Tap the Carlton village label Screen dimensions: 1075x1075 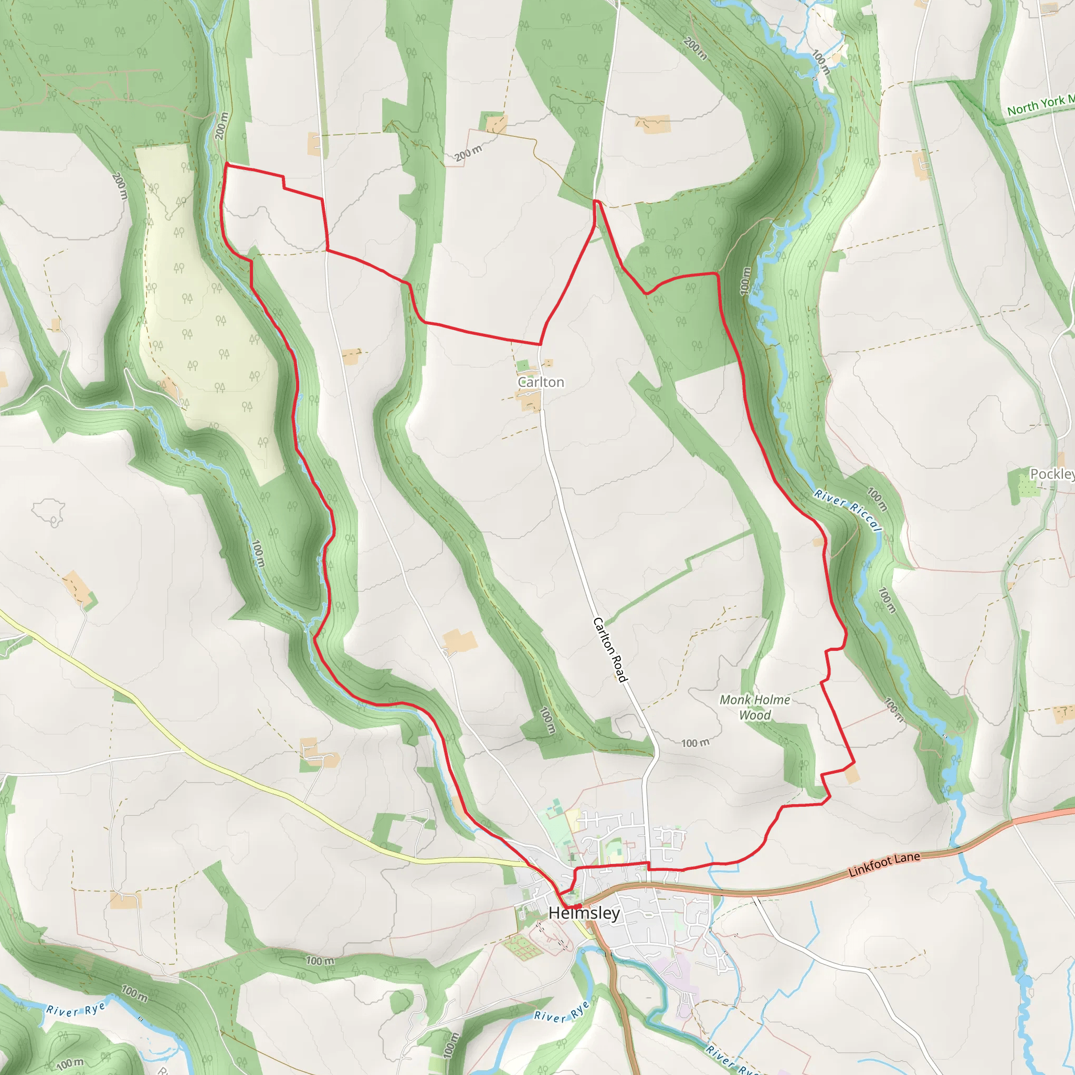(x=540, y=382)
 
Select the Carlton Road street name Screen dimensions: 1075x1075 (x=610, y=649)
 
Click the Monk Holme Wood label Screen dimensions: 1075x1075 (x=754, y=707)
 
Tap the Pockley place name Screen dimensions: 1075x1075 (x=1051, y=474)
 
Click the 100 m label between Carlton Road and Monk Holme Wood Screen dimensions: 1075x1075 (x=695, y=743)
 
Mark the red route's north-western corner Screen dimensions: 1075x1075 (x=226, y=164)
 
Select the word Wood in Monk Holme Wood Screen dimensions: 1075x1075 (x=754, y=715)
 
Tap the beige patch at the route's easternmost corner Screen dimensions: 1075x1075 (x=852, y=775)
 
